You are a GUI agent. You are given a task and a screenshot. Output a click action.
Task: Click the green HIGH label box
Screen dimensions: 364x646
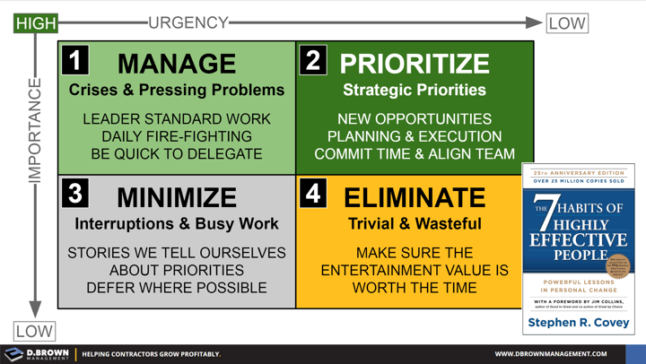36,22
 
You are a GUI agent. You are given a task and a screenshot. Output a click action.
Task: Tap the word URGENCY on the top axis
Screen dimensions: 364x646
188,22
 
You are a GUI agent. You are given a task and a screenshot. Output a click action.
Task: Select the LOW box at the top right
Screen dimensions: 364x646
566,22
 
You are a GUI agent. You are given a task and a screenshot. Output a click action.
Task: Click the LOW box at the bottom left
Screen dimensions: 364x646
34,331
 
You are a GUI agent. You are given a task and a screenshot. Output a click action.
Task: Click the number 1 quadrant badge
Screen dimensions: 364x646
75,60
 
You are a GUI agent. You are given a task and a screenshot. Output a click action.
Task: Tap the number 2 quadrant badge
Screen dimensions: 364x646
313,60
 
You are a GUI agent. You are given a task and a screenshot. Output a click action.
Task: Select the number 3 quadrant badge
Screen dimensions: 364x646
75,193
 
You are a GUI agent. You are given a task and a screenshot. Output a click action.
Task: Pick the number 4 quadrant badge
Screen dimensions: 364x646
313,193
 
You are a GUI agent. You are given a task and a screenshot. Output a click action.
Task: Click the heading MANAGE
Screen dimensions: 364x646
177,64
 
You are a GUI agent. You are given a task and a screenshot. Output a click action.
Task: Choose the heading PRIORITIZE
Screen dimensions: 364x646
415,64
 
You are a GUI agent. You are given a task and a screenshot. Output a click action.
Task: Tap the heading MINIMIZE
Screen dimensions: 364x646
177,197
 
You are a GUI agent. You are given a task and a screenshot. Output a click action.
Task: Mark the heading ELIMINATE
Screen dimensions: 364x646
415,197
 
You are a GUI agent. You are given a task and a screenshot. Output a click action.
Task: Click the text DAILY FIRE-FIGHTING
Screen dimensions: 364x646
177,136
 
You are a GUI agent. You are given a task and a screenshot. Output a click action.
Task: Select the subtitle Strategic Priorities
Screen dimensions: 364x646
415,91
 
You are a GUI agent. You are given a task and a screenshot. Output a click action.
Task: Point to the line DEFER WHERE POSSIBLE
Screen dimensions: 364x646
177,288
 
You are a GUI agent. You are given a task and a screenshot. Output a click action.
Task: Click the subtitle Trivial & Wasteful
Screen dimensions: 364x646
415,224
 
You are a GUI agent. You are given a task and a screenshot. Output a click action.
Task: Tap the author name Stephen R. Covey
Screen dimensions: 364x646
579,322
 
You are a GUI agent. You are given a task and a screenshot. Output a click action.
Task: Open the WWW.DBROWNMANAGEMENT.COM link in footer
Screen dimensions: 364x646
551,354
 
